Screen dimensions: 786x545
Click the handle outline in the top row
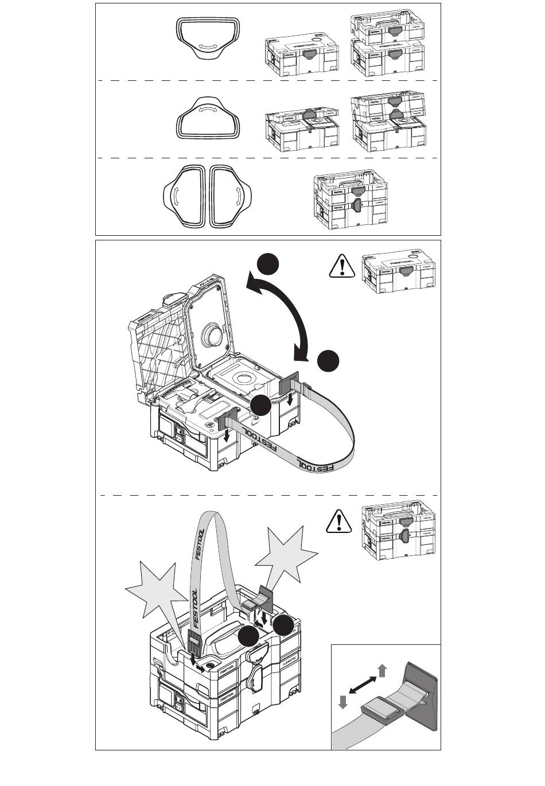(208, 38)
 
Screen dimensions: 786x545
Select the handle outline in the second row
(208, 118)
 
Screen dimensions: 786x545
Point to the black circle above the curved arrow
(268, 264)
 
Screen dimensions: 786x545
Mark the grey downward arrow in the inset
(343, 702)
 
